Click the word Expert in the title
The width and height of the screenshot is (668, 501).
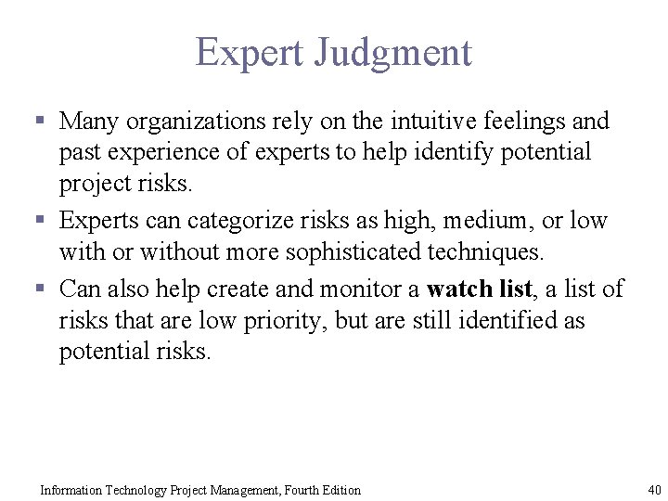pos(249,53)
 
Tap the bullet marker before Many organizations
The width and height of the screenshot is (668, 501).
pos(41,122)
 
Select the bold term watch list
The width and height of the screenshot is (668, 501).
pos(479,289)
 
